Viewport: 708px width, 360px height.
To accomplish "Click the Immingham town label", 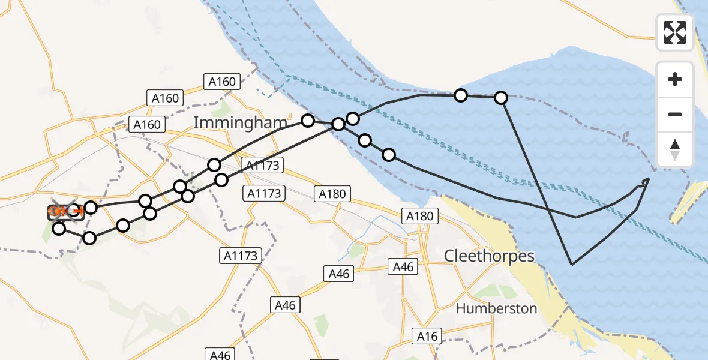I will (x=240, y=124).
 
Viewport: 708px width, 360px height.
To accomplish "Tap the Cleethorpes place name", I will (x=489, y=256).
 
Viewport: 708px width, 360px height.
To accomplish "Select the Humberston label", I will (x=496, y=308).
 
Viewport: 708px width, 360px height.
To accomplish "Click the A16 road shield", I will (x=428, y=337).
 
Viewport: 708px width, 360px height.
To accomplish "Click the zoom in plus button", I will (x=675, y=79).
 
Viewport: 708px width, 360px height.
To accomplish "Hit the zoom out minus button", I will (x=675, y=114).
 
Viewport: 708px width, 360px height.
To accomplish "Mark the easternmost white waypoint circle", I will (x=501, y=97).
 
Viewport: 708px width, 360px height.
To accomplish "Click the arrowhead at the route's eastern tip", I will (x=646, y=181).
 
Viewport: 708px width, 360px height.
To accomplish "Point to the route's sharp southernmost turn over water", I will (x=572, y=264).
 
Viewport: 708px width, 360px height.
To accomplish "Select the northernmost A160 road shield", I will (x=223, y=81).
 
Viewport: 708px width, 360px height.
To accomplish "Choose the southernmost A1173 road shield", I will (x=240, y=256).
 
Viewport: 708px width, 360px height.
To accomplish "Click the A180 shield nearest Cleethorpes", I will (x=420, y=216).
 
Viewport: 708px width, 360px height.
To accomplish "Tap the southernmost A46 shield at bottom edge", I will (x=220, y=355).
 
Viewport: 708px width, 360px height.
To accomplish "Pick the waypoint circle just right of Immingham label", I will (x=307, y=121).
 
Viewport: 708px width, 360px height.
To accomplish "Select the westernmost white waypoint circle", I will (x=58, y=228).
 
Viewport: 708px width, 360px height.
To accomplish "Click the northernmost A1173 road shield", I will (x=260, y=165).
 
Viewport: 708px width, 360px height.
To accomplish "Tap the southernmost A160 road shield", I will (x=146, y=124).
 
